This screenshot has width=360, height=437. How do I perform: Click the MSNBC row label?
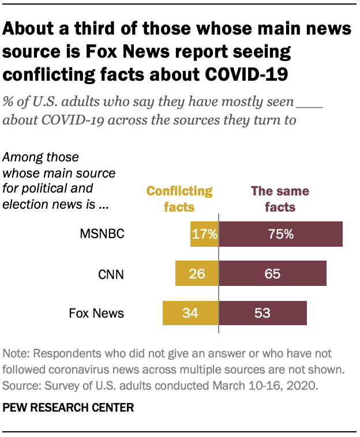(102, 234)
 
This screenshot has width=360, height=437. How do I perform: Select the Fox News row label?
(96, 313)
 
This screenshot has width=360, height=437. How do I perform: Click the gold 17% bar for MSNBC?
(204, 234)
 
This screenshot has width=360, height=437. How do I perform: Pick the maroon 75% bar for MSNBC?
(281, 234)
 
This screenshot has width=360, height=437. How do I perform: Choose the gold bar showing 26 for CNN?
(197, 273)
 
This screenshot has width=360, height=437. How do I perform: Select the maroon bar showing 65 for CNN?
(273, 273)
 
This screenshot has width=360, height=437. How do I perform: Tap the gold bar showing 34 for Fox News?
(190, 313)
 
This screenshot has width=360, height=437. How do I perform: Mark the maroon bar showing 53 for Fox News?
(263, 313)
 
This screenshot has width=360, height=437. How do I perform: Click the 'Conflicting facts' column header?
(179, 199)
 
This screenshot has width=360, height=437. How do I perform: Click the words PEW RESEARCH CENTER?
(69, 408)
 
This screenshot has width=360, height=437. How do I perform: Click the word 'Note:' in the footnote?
(17, 353)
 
